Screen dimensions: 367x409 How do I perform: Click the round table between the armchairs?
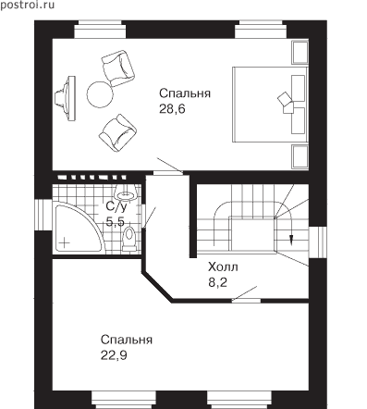[99, 94]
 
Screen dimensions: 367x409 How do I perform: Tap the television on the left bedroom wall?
[66, 98]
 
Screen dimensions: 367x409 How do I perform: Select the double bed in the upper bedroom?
[270, 105]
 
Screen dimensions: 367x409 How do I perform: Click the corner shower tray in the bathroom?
[79, 229]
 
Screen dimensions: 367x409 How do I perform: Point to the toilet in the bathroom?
[128, 239]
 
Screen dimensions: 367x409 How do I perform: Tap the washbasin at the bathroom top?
[126, 192]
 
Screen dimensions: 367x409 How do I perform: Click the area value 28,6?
[172, 109]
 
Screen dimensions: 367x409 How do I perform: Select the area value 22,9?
[114, 355]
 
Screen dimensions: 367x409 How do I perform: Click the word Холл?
[223, 266]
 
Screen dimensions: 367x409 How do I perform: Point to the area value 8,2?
[217, 282]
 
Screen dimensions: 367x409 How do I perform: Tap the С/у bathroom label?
[116, 206]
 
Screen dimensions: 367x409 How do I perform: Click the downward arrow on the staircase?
[290, 239]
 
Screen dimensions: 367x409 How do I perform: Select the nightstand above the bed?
[300, 53]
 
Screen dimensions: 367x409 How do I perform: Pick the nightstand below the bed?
[300, 157]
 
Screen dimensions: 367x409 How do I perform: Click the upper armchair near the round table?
[118, 68]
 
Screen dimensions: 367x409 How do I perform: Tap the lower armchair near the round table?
[117, 133]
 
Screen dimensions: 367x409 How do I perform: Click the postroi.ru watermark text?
[28, 6]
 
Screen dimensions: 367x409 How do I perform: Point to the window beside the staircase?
[317, 242]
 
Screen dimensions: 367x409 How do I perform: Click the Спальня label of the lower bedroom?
[127, 340]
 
